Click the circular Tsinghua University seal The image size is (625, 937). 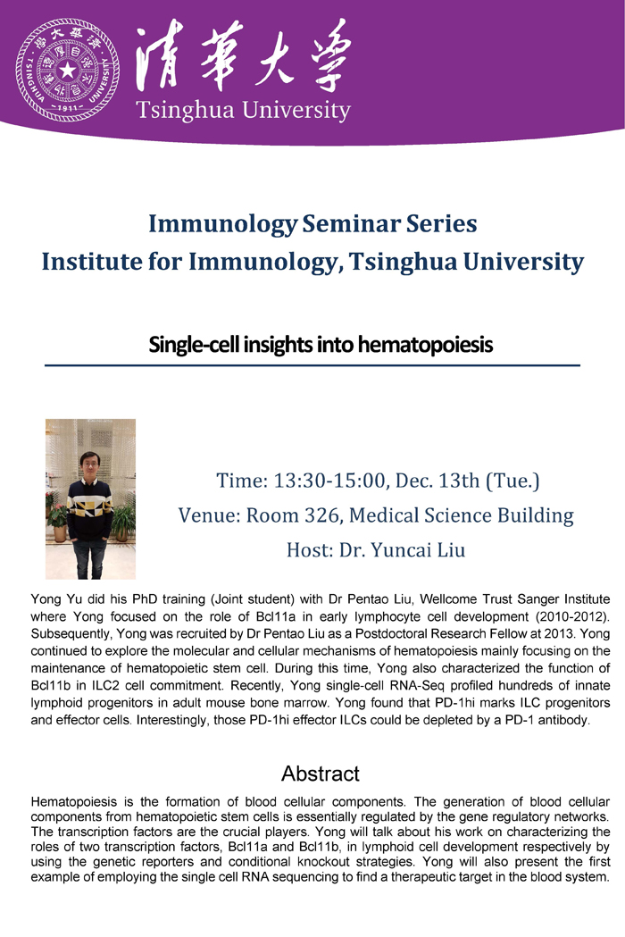(x=68, y=70)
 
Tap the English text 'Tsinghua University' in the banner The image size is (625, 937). (x=243, y=111)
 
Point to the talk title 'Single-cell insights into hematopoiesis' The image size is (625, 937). (x=321, y=345)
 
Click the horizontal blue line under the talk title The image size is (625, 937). (x=312, y=365)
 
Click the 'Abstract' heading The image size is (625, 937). (x=321, y=774)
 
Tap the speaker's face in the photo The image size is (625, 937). (x=89, y=464)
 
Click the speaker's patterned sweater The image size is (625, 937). (x=89, y=508)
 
